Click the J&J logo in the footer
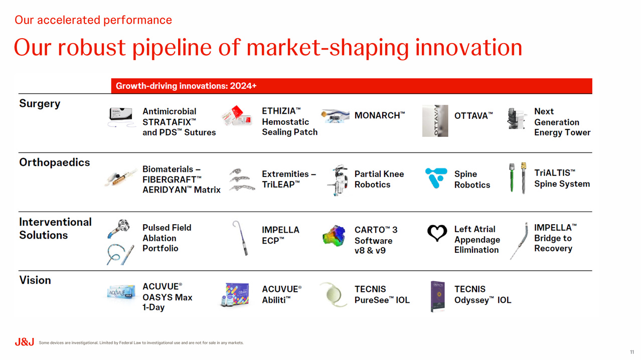click(24, 342)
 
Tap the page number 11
click(631, 352)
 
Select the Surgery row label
click(40, 104)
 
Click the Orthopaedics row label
click(54, 162)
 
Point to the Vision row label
click(35, 280)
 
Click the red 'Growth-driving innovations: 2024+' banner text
click(186, 86)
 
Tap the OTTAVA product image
click(435, 121)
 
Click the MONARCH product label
click(380, 115)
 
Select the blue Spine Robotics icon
click(436, 178)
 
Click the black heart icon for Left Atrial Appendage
click(437, 233)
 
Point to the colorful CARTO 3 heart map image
click(334, 236)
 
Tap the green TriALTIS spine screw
click(512, 177)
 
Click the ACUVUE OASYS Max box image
click(121, 292)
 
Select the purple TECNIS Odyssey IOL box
click(438, 296)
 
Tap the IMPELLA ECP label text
click(280, 235)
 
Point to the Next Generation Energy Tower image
click(517, 118)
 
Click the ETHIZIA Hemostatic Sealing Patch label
click(289, 122)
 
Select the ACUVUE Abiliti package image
click(236, 295)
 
